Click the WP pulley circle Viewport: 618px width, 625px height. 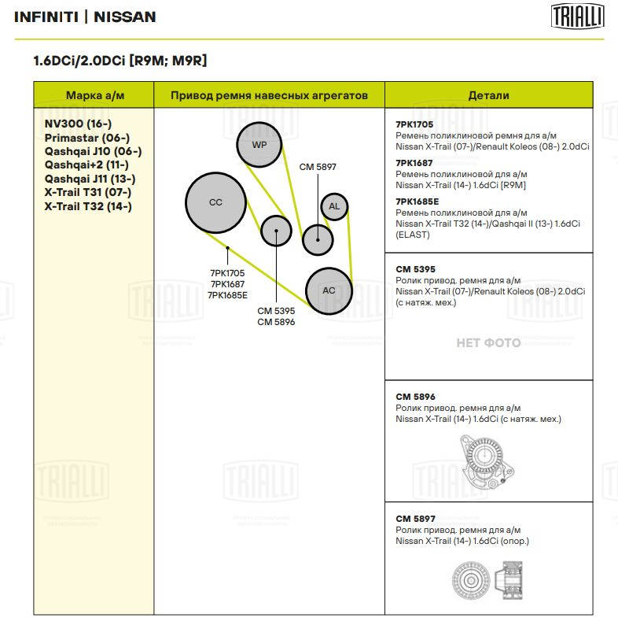coord(259,145)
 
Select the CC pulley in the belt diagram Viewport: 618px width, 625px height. coord(215,202)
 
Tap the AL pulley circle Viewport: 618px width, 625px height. coord(334,206)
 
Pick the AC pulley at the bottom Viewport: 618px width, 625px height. coord(329,290)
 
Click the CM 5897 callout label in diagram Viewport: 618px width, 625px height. coord(318,167)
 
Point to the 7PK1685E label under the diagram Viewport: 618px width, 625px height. coord(228,295)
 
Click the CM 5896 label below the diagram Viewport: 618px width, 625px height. coord(276,322)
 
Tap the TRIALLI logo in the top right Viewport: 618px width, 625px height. coord(577,17)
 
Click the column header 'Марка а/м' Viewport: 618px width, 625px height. coord(95,95)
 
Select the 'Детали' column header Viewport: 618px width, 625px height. coord(488,95)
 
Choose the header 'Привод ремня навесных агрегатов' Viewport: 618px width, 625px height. coord(269,95)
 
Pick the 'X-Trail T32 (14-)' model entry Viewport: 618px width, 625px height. coord(88,206)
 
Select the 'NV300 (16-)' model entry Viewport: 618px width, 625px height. coord(78,124)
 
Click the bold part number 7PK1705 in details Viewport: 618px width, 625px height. coord(414,124)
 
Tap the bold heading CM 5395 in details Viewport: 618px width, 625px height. coord(415,268)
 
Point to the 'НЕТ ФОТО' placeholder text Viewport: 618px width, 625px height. coord(488,342)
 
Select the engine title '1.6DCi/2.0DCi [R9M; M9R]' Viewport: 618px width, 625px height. coord(120,61)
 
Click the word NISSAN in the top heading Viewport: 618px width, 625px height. coord(125,17)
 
